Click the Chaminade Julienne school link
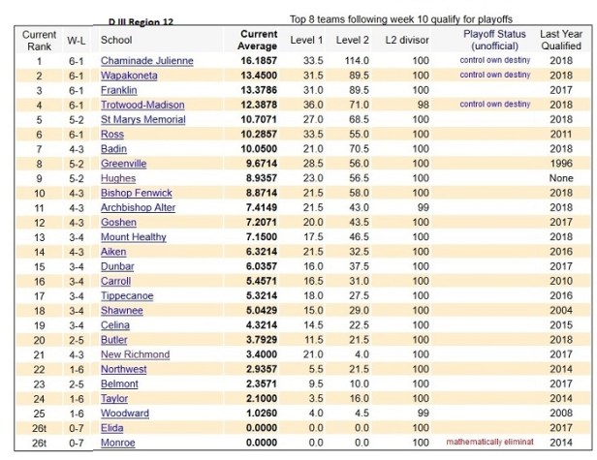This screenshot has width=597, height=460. (x=146, y=60)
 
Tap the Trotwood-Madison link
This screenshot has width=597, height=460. (x=141, y=104)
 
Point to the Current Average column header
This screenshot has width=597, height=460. (x=259, y=40)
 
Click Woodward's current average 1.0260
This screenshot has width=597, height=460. (x=260, y=414)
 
